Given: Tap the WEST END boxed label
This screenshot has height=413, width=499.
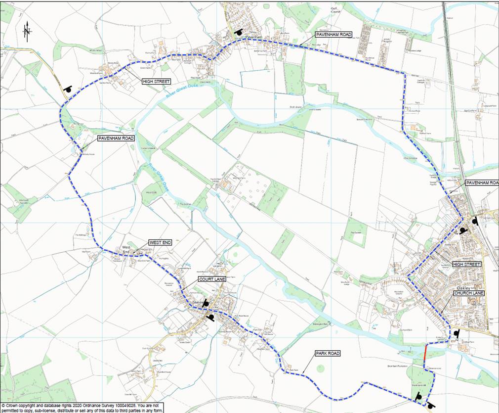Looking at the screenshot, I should tap(160, 243).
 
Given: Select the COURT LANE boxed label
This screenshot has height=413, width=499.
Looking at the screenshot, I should tap(212, 279).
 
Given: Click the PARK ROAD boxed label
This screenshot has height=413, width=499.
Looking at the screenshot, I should tap(328, 354).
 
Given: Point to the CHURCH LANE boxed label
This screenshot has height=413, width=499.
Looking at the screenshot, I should tap(469, 293).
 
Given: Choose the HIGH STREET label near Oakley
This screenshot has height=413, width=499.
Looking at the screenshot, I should tap(466, 265).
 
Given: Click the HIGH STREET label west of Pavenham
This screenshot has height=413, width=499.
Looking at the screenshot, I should tap(156, 82).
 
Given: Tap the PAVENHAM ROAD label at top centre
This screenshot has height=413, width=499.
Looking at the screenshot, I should tap(334, 35).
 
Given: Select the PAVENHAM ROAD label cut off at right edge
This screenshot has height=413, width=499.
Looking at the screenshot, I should tap(481, 183).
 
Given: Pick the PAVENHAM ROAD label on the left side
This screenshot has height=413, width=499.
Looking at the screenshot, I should tap(116, 138).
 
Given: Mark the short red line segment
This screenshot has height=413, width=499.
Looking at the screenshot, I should tap(426, 353).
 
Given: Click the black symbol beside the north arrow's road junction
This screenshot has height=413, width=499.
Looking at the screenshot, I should tap(68, 89).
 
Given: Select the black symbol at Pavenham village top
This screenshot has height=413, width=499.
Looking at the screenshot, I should tap(239, 32).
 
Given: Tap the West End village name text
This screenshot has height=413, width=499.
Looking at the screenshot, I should tap(126, 249).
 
